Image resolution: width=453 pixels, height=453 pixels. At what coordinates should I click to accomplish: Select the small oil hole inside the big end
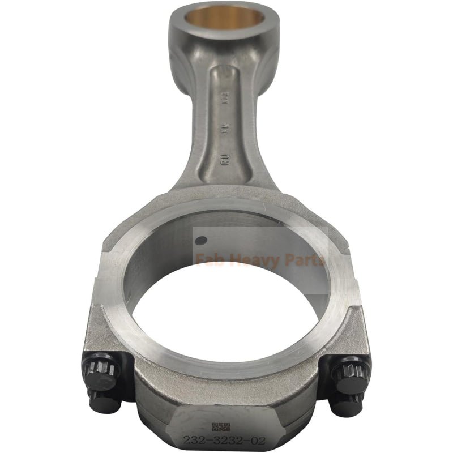coord(199,240)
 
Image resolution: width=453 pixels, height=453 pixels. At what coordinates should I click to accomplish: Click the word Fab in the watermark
coord(208,260)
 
